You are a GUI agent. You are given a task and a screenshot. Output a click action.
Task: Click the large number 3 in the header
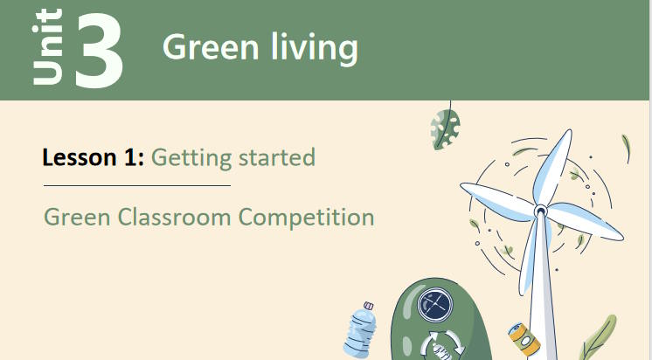tap(98, 50)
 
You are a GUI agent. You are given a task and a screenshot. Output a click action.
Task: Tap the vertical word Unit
tap(48, 47)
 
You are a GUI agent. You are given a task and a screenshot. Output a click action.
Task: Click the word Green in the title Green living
tap(206, 47)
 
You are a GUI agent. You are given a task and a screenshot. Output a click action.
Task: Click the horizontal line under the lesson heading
tap(137, 186)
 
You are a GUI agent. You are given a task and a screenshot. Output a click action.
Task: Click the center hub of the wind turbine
tap(540, 210)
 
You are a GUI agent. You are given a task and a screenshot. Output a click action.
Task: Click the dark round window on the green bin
tap(434, 306)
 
